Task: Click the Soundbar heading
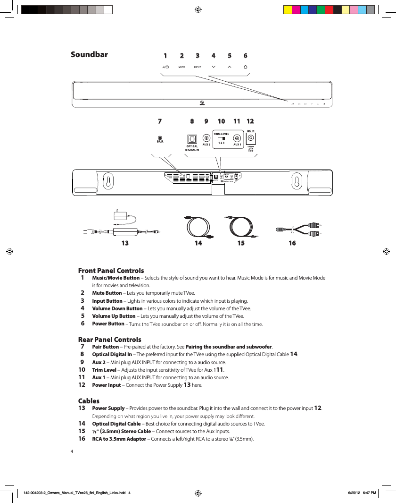point(89,55)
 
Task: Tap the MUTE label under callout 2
point(181,67)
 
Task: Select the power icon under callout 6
point(246,67)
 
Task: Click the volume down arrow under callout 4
point(214,67)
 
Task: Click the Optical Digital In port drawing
point(191,139)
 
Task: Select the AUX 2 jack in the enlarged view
point(206,138)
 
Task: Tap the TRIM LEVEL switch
point(221,138)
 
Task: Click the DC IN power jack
point(251,139)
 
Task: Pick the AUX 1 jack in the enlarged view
point(237,138)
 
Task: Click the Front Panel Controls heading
point(111,271)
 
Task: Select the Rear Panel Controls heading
point(109,340)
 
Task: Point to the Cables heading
point(89,401)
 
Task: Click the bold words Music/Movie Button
point(115,278)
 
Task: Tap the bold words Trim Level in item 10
point(104,370)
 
